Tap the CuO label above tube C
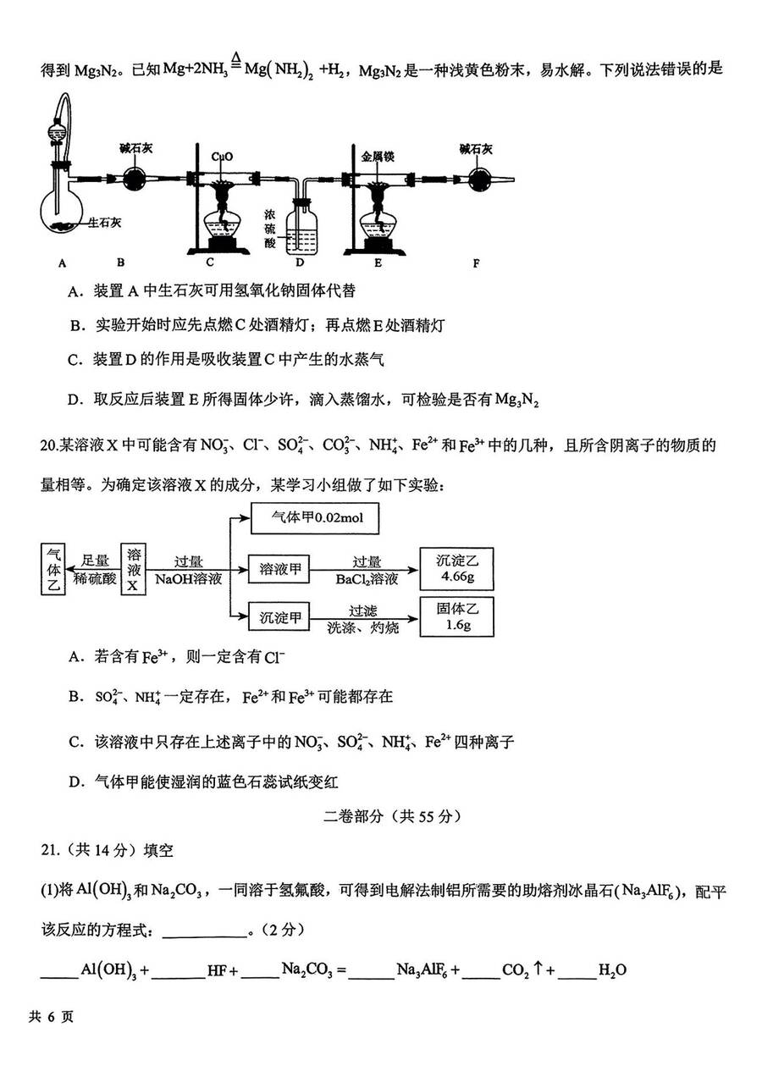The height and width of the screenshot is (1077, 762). tap(222, 157)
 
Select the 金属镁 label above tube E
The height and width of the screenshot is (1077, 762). tap(378, 157)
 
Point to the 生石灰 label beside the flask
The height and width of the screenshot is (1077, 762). tap(104, 223)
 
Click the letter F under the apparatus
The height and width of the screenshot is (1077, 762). tap(476, 263)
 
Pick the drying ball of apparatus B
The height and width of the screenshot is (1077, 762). tap(134, 179)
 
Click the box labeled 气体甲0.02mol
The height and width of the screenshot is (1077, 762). tap(315, 518)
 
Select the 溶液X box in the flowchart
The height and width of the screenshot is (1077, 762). tap(133, 570)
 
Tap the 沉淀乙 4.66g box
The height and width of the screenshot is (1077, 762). tap(456, 569)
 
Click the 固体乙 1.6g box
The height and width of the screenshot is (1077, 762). tap(456, 617)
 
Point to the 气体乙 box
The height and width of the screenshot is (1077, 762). tap(52, 570)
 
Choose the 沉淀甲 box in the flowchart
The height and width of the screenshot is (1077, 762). tap(279, 617)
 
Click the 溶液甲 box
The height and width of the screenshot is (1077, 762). tap(279, 570)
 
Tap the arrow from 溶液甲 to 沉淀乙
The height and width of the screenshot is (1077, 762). tap(364, 571)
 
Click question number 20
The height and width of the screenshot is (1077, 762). tap(49, 445)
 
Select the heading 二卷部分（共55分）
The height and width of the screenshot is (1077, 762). tap(392, 817)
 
